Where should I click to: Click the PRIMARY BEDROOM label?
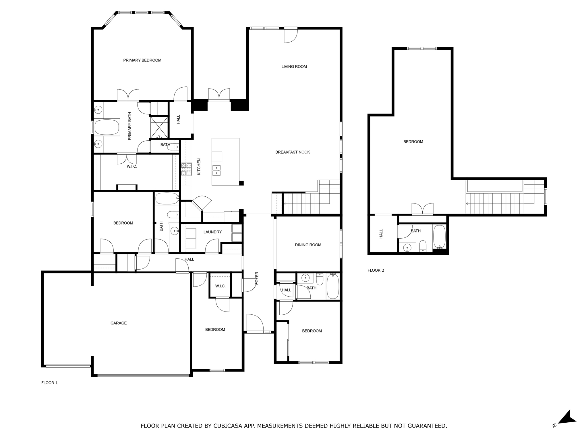pos(142,60)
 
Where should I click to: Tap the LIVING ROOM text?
pos(294,67)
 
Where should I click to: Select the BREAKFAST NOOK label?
pos(292,152)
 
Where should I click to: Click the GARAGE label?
pos(118,323)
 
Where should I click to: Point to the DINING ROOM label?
pos(308,245)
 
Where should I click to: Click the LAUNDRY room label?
pos(212,232)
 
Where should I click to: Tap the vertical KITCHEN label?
pos(199,167)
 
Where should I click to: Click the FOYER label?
pos(257,278)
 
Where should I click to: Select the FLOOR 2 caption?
pos(376,270)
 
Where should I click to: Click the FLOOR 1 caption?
pos(49,383)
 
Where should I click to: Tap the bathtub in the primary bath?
pos(107,127)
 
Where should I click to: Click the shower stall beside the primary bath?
pos(159,127)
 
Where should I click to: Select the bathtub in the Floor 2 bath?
pos(439,236)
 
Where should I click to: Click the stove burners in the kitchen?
pos(186,169)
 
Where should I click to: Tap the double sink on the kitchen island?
pos(217,170)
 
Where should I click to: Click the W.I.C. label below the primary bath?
pos(132,167)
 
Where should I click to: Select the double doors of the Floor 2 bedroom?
pos(422,209)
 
